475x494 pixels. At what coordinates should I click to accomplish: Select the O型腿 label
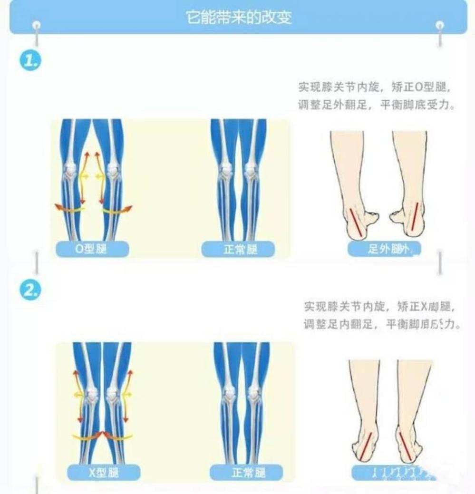point(91,249)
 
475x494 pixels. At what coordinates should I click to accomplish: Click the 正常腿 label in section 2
point(246,473)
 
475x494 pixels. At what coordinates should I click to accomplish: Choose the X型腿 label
point(104,473)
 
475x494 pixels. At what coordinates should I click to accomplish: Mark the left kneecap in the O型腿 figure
point(70,169)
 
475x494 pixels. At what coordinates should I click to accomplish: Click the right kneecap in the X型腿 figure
point(113,393)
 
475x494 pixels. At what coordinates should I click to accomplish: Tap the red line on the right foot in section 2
point(407,446)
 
